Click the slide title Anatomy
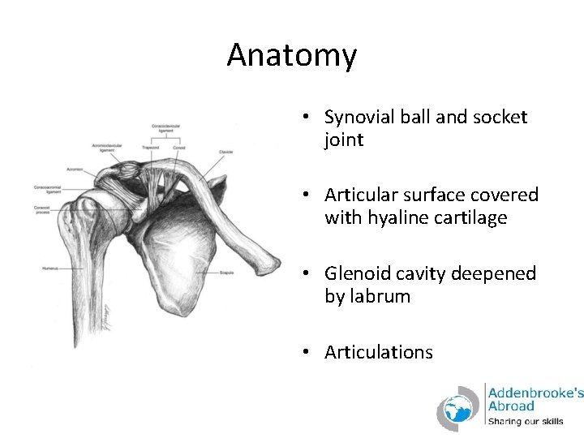(291, 55)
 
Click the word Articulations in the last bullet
(379, 352)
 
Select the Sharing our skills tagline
(526, 422)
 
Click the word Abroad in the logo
(511, 406)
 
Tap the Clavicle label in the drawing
(226, 152)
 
